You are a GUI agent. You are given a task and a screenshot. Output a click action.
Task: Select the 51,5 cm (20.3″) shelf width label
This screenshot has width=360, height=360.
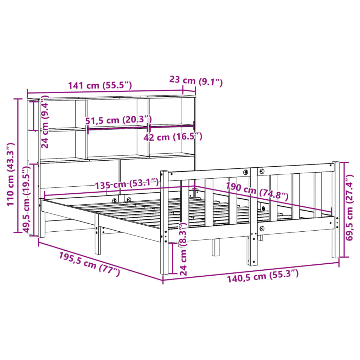118,120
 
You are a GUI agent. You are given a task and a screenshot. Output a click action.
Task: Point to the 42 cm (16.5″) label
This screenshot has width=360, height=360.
173,137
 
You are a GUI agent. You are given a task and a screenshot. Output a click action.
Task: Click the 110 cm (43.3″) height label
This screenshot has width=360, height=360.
10,174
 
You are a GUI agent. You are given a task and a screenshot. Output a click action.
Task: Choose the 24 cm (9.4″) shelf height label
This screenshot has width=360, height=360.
44,123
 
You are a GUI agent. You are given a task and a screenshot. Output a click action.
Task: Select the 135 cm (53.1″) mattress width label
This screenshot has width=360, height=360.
127,184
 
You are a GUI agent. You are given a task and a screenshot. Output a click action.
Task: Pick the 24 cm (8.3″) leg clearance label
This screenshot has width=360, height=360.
183,249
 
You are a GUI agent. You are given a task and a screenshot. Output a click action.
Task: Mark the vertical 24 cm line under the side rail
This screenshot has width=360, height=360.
173,257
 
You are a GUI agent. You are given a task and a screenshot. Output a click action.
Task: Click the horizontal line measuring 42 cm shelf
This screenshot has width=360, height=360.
172,125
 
